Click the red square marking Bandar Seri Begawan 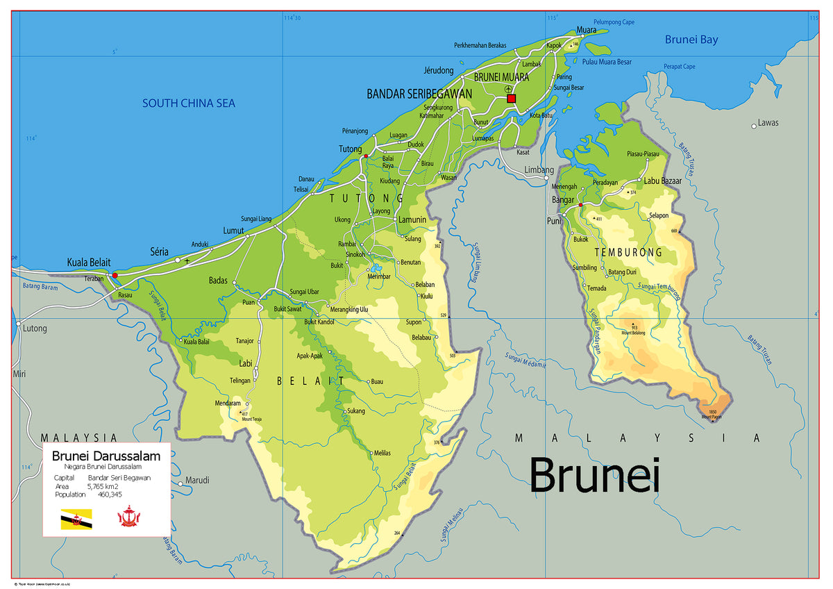(x=512, y=99)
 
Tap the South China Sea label (x=189, y=103)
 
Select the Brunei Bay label (x=691, y=40)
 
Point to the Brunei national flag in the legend (x=76, y=519)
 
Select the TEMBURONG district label (x=628, y=252)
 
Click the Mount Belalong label (x=633, y=333)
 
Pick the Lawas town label (x=768, y=123)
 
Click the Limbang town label (x=539, y=170)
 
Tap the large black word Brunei (x=594, y=476)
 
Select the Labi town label (x=246, y=363)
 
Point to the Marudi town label (x=197, y=480)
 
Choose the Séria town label (x=159, y=251)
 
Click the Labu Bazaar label (x=663, y=181)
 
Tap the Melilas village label (x=382, y=453)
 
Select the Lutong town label (x=35, y=329)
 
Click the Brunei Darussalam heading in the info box (x=106, y=456)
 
